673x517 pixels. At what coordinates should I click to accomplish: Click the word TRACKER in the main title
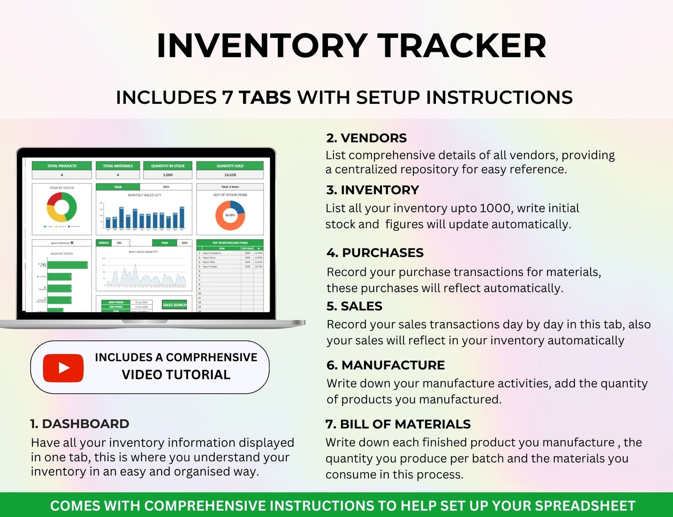462,46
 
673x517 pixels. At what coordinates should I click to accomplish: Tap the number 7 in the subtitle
227,98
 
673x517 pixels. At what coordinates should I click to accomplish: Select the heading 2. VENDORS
367,138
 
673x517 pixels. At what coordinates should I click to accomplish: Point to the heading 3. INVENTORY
373,190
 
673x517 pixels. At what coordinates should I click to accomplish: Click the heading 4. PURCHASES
375,253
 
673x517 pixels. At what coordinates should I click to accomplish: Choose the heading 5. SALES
354,306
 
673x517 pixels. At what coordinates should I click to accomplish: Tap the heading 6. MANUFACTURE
386,365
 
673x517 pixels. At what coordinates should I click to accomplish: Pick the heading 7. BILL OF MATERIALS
398,424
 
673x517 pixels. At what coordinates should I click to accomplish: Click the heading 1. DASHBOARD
80,424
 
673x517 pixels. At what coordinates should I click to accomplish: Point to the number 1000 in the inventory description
496,208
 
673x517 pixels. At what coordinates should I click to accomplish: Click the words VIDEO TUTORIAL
176,375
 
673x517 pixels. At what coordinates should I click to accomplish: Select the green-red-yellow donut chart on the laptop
62,207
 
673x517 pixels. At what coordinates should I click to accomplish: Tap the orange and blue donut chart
230,215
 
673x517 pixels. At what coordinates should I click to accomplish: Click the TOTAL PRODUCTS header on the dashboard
62,166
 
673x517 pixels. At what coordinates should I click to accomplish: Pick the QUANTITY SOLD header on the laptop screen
230,166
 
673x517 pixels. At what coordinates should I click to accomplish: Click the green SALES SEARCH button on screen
174,305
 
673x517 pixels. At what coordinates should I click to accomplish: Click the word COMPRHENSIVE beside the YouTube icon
211,357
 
